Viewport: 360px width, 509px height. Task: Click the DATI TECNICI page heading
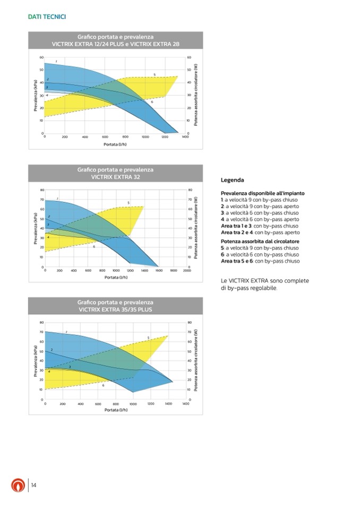(47, 17)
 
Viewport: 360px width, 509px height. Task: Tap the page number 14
(33, 485)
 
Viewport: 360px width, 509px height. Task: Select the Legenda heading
(232, 180)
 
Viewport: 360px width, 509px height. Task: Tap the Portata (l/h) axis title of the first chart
(115, 144)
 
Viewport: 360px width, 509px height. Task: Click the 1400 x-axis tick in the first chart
(185, 136)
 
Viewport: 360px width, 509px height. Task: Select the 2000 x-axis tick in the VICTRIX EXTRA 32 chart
(187, 270)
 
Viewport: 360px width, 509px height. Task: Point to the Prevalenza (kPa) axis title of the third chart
(35, 363)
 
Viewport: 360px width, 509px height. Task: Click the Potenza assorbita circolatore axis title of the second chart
(196, 228)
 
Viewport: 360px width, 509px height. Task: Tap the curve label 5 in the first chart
(155, 74)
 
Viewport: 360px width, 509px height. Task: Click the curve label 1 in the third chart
(66, 332)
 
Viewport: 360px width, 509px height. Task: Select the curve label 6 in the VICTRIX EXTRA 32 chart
(94, 247)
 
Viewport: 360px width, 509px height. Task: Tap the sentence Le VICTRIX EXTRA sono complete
(264, 281)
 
